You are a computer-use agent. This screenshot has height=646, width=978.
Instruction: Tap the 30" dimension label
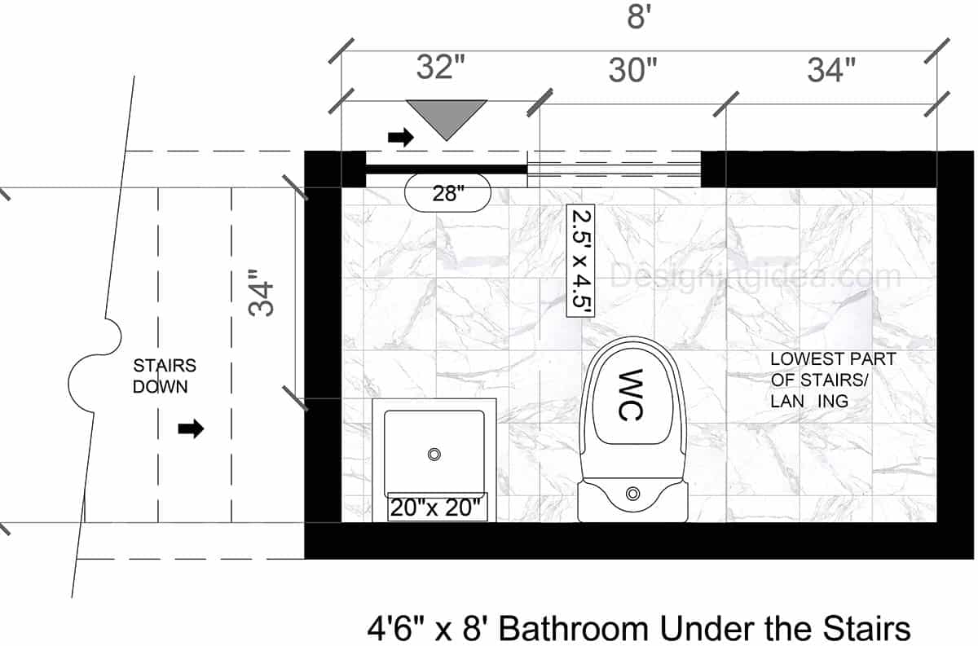pyautogui.click(x=633, y=71)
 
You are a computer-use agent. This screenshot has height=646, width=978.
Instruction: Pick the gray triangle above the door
pyautogui.click(x=447, y=116)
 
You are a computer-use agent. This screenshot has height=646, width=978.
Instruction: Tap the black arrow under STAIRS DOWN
pyautogui.click(x=191, y=429)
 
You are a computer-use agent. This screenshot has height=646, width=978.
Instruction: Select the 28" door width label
pyautogui.click(x=447, y=194)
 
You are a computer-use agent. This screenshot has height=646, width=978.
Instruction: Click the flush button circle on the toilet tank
pyautogui.click(x=632, y=492)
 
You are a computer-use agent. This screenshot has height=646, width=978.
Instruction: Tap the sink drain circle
pyautogui.click(x=435, y=453)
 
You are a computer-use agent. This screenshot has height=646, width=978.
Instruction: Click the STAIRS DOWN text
pyautogui.click(x=165, y=376)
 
